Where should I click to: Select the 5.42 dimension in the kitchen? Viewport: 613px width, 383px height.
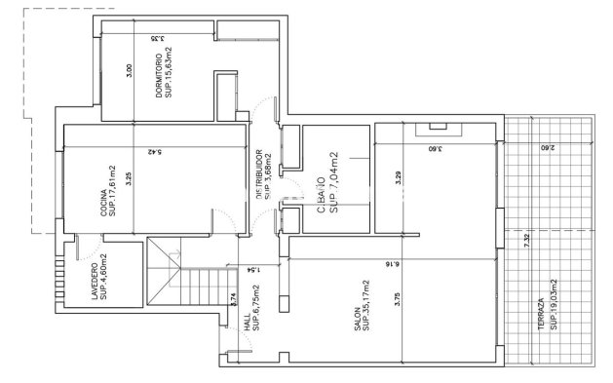(x=154, y=152)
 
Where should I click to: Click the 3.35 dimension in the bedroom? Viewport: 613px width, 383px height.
(x=155, y=39)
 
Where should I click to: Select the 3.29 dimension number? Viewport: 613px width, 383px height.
(x=397, y=178)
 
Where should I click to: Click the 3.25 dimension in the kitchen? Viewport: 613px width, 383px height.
(x=129, y=179)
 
